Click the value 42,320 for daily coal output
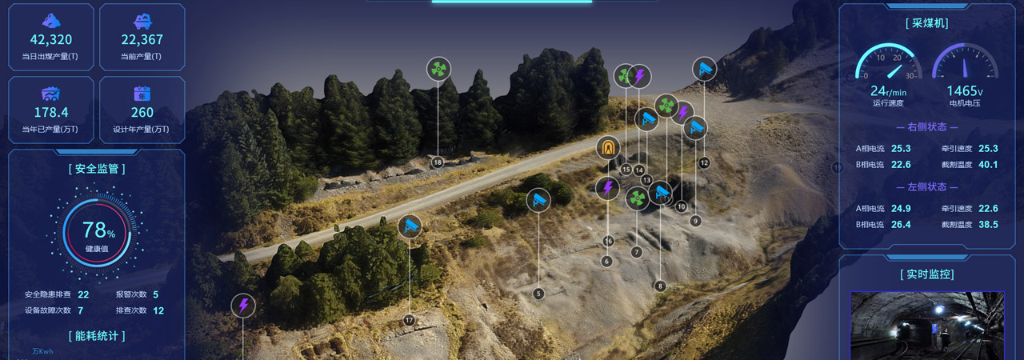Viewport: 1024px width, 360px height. (51, 40)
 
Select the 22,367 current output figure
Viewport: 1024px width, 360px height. (142, 40)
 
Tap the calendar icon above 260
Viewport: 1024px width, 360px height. (142, 93)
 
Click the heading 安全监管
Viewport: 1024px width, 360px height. (97, 169)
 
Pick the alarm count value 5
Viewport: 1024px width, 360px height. (155, 294)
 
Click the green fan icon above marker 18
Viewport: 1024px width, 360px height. (438, 70)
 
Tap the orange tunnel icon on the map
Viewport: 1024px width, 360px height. (609, 149)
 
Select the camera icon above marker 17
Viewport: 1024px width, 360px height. (410, 226)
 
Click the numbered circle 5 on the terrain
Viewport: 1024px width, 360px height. (538, 294)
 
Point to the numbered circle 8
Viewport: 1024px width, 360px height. (660, 286)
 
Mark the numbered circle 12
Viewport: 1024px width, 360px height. (704, 162)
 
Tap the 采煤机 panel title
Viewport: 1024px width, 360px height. (927, 23)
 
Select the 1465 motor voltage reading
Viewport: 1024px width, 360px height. (965, 91)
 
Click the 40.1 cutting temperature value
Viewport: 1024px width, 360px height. (988, 165)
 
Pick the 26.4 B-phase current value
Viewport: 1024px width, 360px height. (901, 225)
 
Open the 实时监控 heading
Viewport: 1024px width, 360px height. (927, 274)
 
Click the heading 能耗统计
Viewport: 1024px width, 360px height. (97, 336)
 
